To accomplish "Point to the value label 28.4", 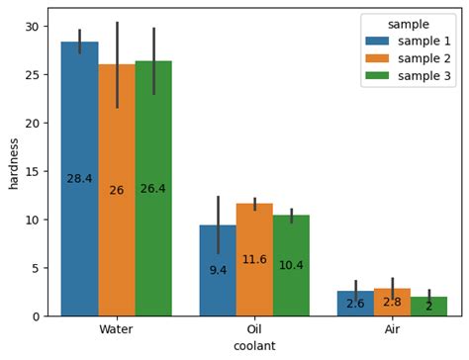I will pyautogui.click(x=79, y=179).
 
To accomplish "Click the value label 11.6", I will pyautogui.click(x=254, y=260).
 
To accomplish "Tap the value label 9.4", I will pyautogui.click(x=218, y=270).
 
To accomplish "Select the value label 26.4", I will pyautogui.click(x=153, y=189).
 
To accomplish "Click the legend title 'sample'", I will pyautogui.click(x=408, y=24).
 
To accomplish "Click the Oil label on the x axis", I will pyautogui.click(x=254, y=328).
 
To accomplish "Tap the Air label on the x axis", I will pyautogui.click(x=392, y=328).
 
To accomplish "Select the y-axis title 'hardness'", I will pyautogui.click(x=13, y=162).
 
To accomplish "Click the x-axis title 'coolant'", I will pyautogui.click(x=254, y=346).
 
